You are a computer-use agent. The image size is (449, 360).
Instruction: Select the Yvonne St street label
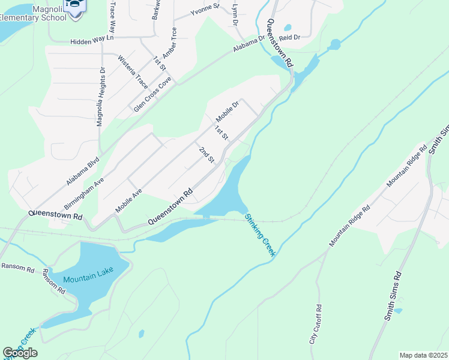pos(205,11)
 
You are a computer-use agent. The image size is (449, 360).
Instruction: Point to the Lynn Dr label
pos(235,13)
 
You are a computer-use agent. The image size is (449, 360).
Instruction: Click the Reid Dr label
pos(289,37)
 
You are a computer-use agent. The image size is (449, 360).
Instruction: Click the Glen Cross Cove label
pos(153,94)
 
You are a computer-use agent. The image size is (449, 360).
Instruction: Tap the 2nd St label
pos(206,155)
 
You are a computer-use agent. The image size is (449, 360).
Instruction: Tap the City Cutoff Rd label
pos(315,324)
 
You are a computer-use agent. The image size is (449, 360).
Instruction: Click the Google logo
pos(20,353)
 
